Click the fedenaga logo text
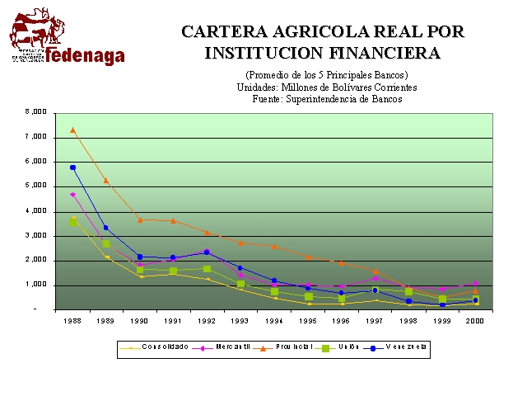(x=85, y=55)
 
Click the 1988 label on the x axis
(x=72, y=320)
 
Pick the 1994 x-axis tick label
(x=275, y=320)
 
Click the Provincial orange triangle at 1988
(x=72, y=130)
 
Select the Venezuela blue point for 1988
(x=72, y=167)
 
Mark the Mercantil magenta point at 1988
(x=72, y=195)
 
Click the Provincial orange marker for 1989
(x=106, y=180)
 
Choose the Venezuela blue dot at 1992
(x=208, y=252)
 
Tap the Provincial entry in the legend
(x=289, y=347)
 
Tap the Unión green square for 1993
(x=241, y=285)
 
